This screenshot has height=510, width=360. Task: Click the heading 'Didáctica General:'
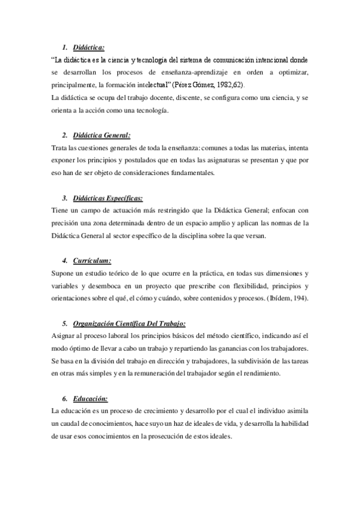tap(100, 135)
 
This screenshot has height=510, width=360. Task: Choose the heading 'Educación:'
tap(90, 398)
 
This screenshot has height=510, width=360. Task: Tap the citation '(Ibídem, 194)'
tap(287, 298)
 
